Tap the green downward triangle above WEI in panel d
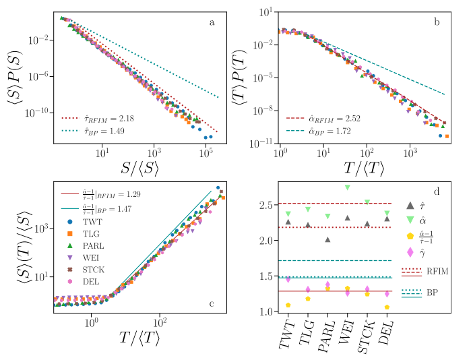pos(348,187)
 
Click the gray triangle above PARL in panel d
pos(327,239)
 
